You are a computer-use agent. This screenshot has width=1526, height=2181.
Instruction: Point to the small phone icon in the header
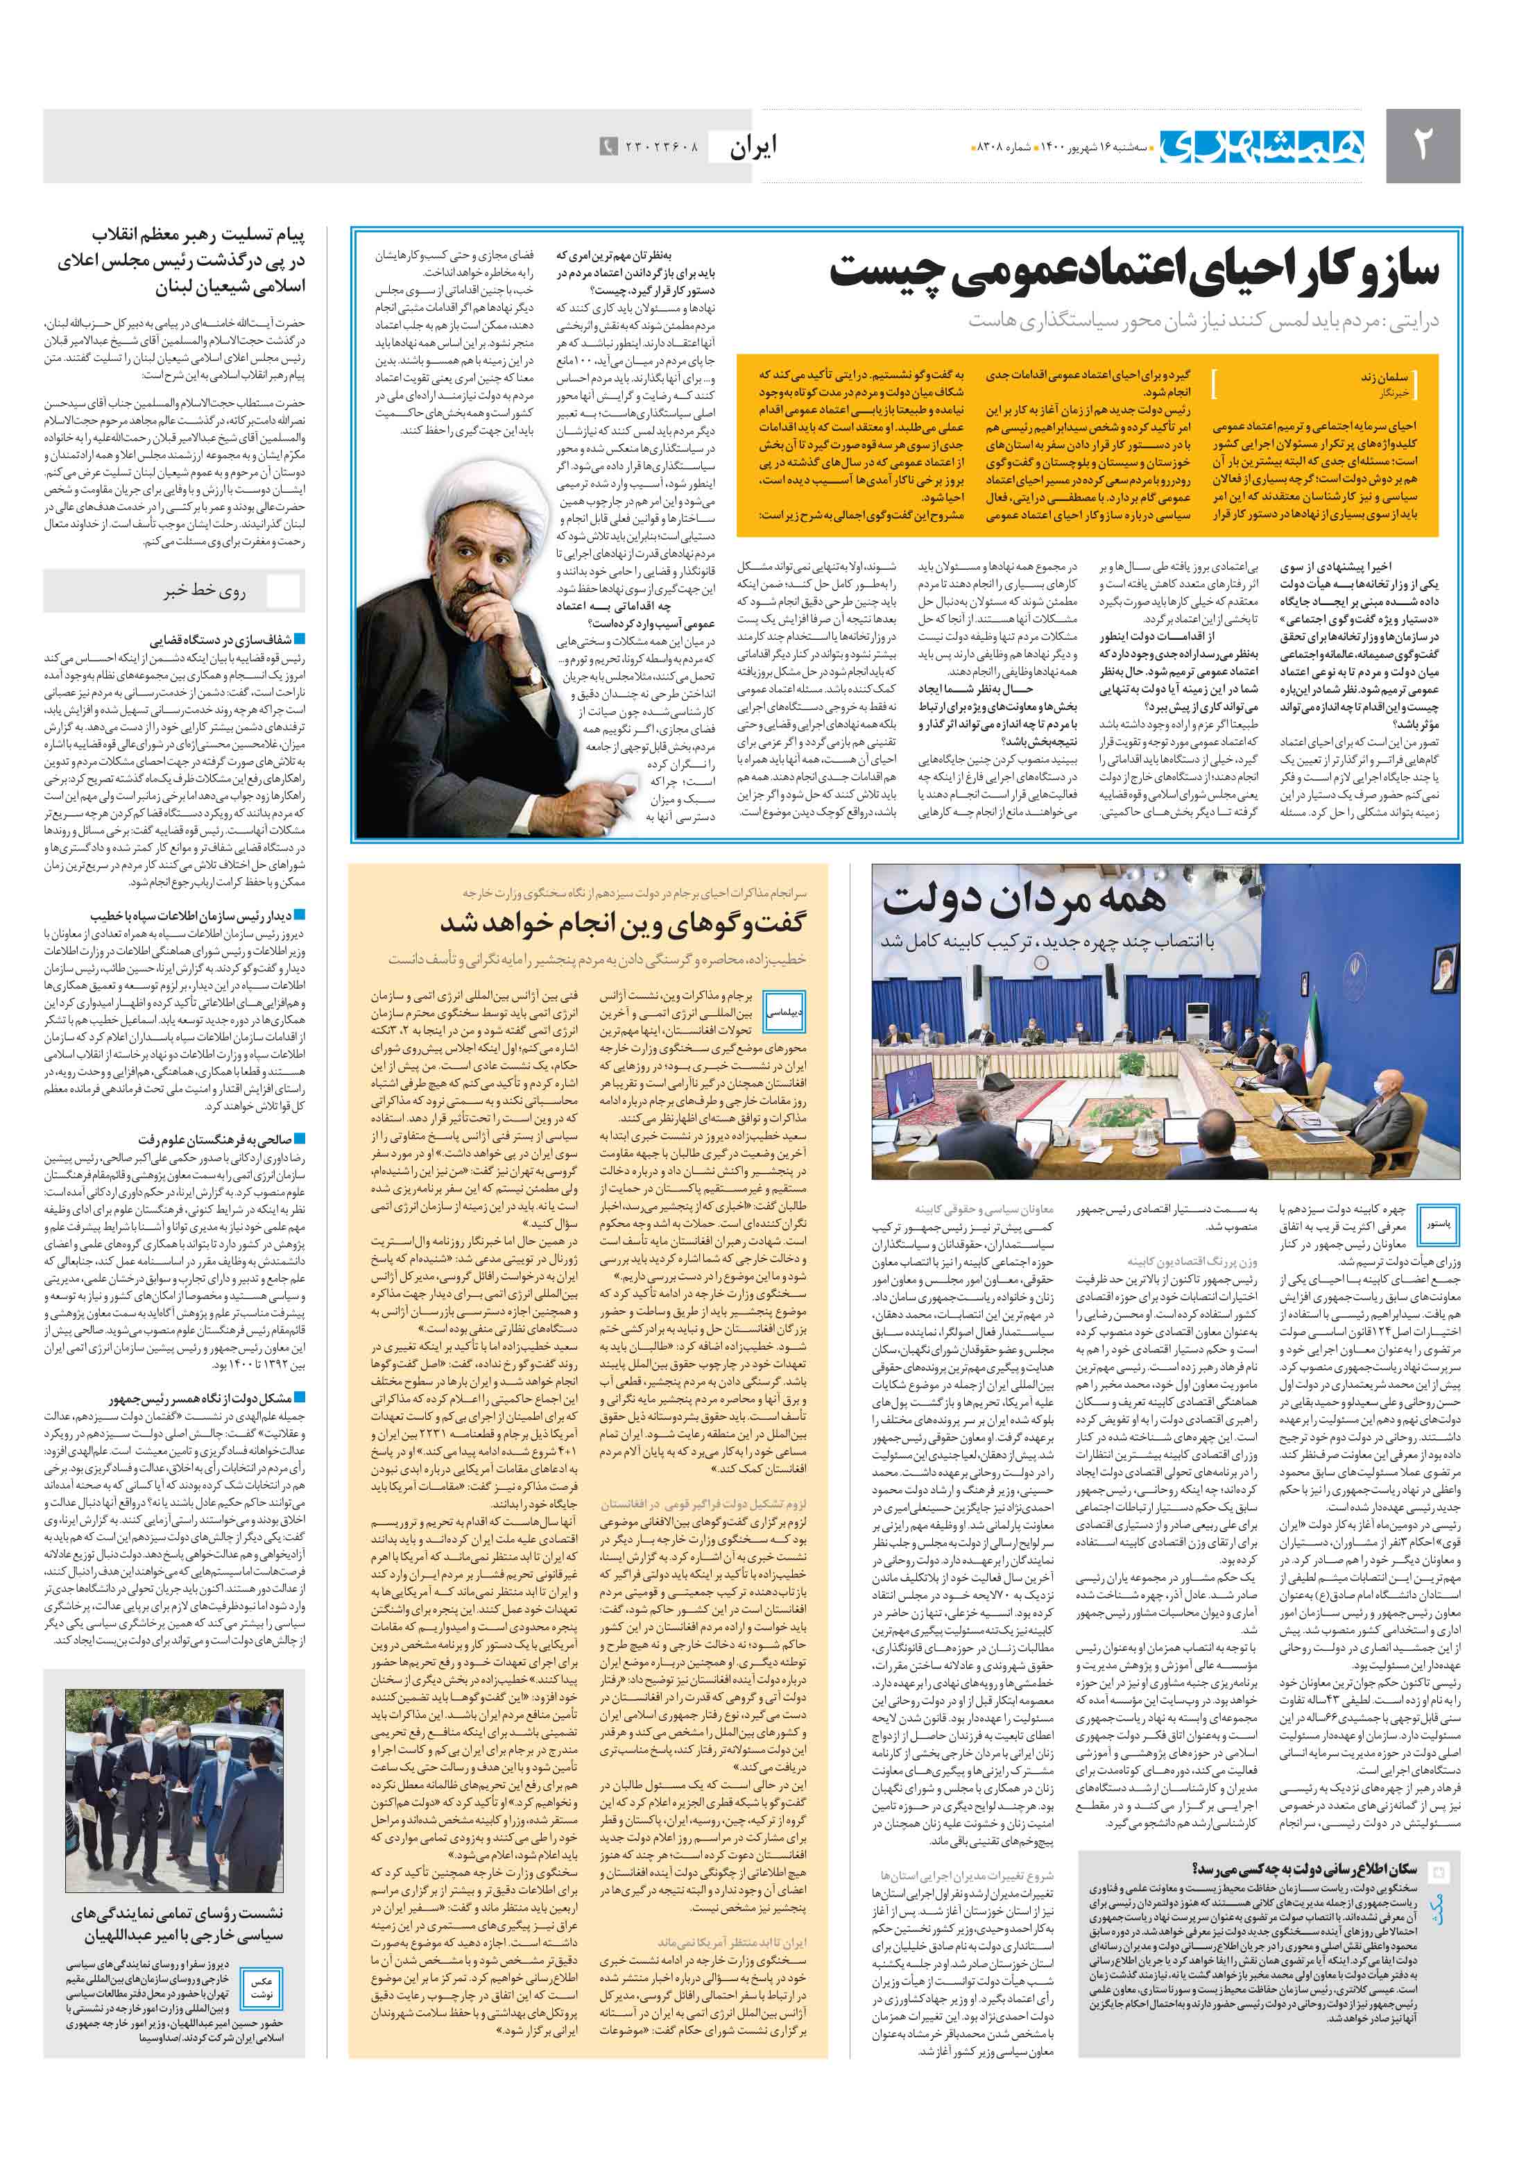click(x=608, y=147)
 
